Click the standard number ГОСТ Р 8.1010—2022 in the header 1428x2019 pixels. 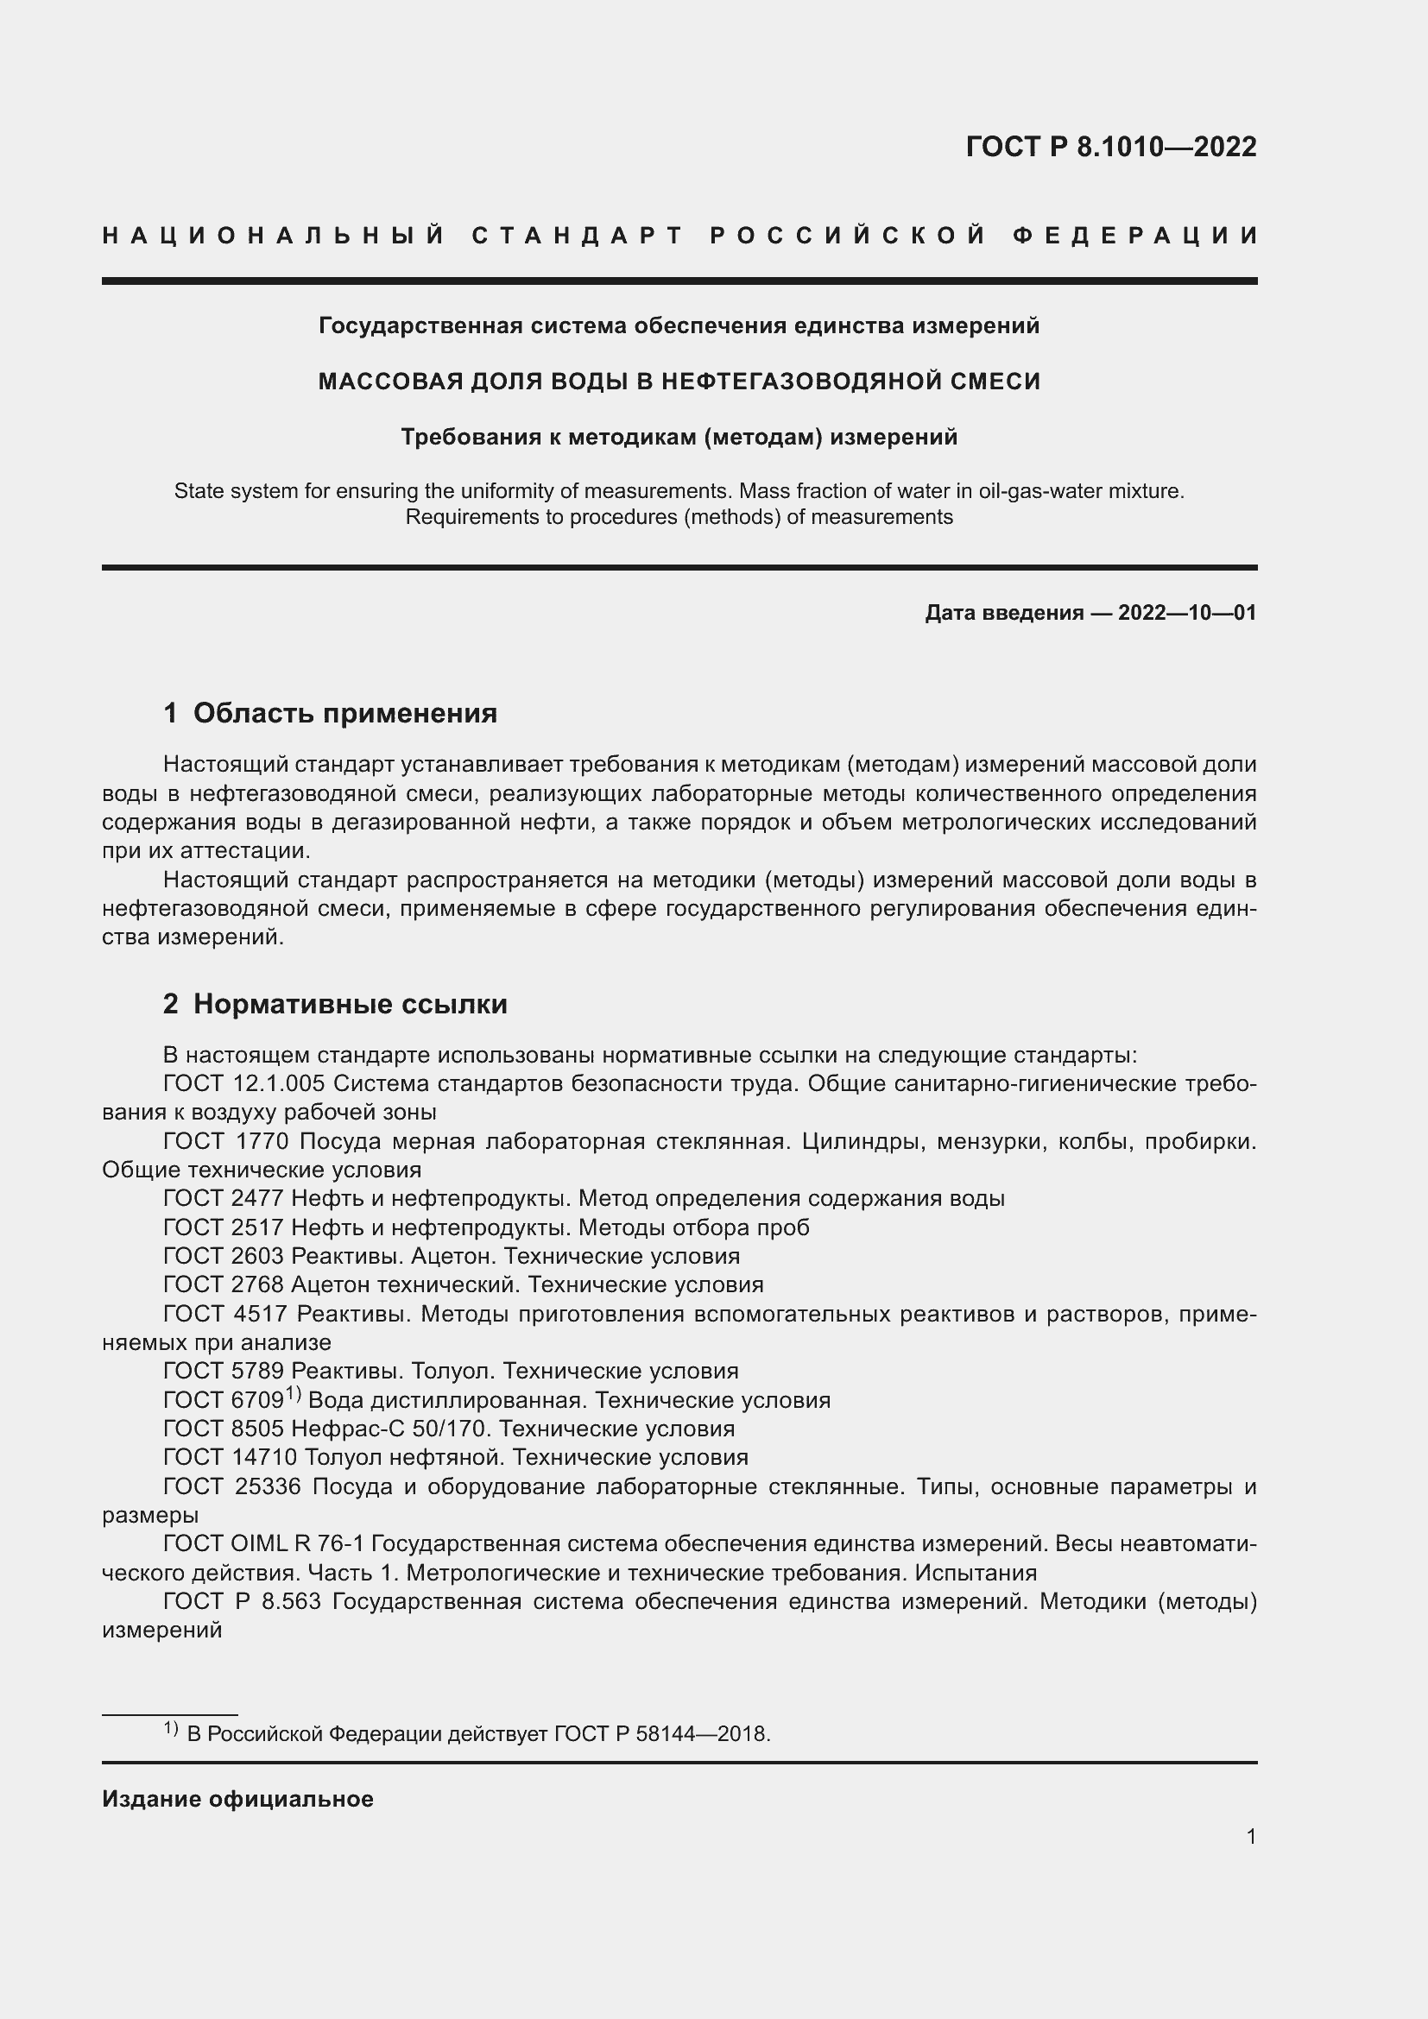tap(1110, 147)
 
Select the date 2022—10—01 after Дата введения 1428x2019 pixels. tap(1187, 613)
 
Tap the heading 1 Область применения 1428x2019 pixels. tap(330, 712)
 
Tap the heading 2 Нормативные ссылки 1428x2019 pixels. tap(335, 1003)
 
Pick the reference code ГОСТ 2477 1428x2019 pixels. tap(224, 1199)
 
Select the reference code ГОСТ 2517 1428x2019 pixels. tap(224, 1227)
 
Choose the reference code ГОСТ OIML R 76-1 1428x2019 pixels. tap(269, 1544)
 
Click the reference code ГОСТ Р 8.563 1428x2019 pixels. tap(242, 1601)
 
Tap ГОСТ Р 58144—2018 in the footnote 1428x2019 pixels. tap(661, 1734)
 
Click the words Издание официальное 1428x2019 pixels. tap(237, 1799)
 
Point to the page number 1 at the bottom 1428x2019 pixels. tap(1250, 1836)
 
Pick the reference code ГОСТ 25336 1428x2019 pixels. tap(232, 1487)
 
